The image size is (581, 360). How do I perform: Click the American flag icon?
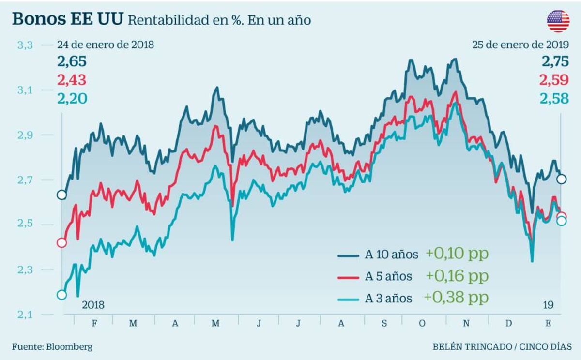tap(558, 21)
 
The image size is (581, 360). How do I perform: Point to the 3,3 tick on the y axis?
tap(25, 45)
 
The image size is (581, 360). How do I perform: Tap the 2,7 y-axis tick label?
tap(25, 180)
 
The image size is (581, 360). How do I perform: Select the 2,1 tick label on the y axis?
tap(25, 315)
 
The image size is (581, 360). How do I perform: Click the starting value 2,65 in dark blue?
tap(72, 62)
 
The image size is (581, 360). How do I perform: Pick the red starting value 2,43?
tap(72, 80)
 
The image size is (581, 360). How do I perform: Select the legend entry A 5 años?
tap(388, 276)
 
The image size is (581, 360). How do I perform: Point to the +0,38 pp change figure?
tap(456, 298)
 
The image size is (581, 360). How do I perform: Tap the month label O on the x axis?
tap(422, 323)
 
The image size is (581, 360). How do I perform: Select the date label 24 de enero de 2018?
tap(105, 45)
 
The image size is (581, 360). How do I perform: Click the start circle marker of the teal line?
tap(61, 295)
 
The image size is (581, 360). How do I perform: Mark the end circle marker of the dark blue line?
tap(561, 179)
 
